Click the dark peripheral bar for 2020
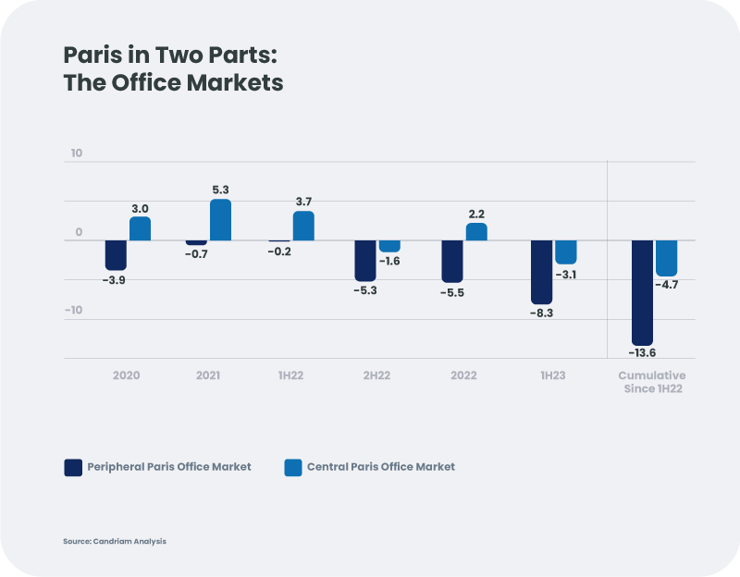[x=116, y=255]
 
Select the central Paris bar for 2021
[x=220, y=220]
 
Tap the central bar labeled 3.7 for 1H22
[x=303, y=227]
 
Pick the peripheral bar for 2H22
[x=366, y=261]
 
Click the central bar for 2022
[x=476, y=232]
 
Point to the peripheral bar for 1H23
[x=541, y=272]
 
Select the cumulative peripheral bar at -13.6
[x=642, y=292]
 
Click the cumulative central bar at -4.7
[x=667, y=258]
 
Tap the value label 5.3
[x=221, y=190]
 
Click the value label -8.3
[x=541, y=313]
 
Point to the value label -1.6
[x=389, y=262]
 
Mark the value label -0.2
[x=278, y=252]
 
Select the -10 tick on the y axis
[x=73, y=310]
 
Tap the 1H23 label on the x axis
[x=553, y=376]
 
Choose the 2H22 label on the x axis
[x=377, y=376]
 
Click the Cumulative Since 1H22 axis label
[x=652, y=382]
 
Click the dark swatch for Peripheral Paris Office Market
[x=73, y=467]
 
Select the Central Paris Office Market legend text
[x=381, y=467]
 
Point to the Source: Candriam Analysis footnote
[x=115, y=541]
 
